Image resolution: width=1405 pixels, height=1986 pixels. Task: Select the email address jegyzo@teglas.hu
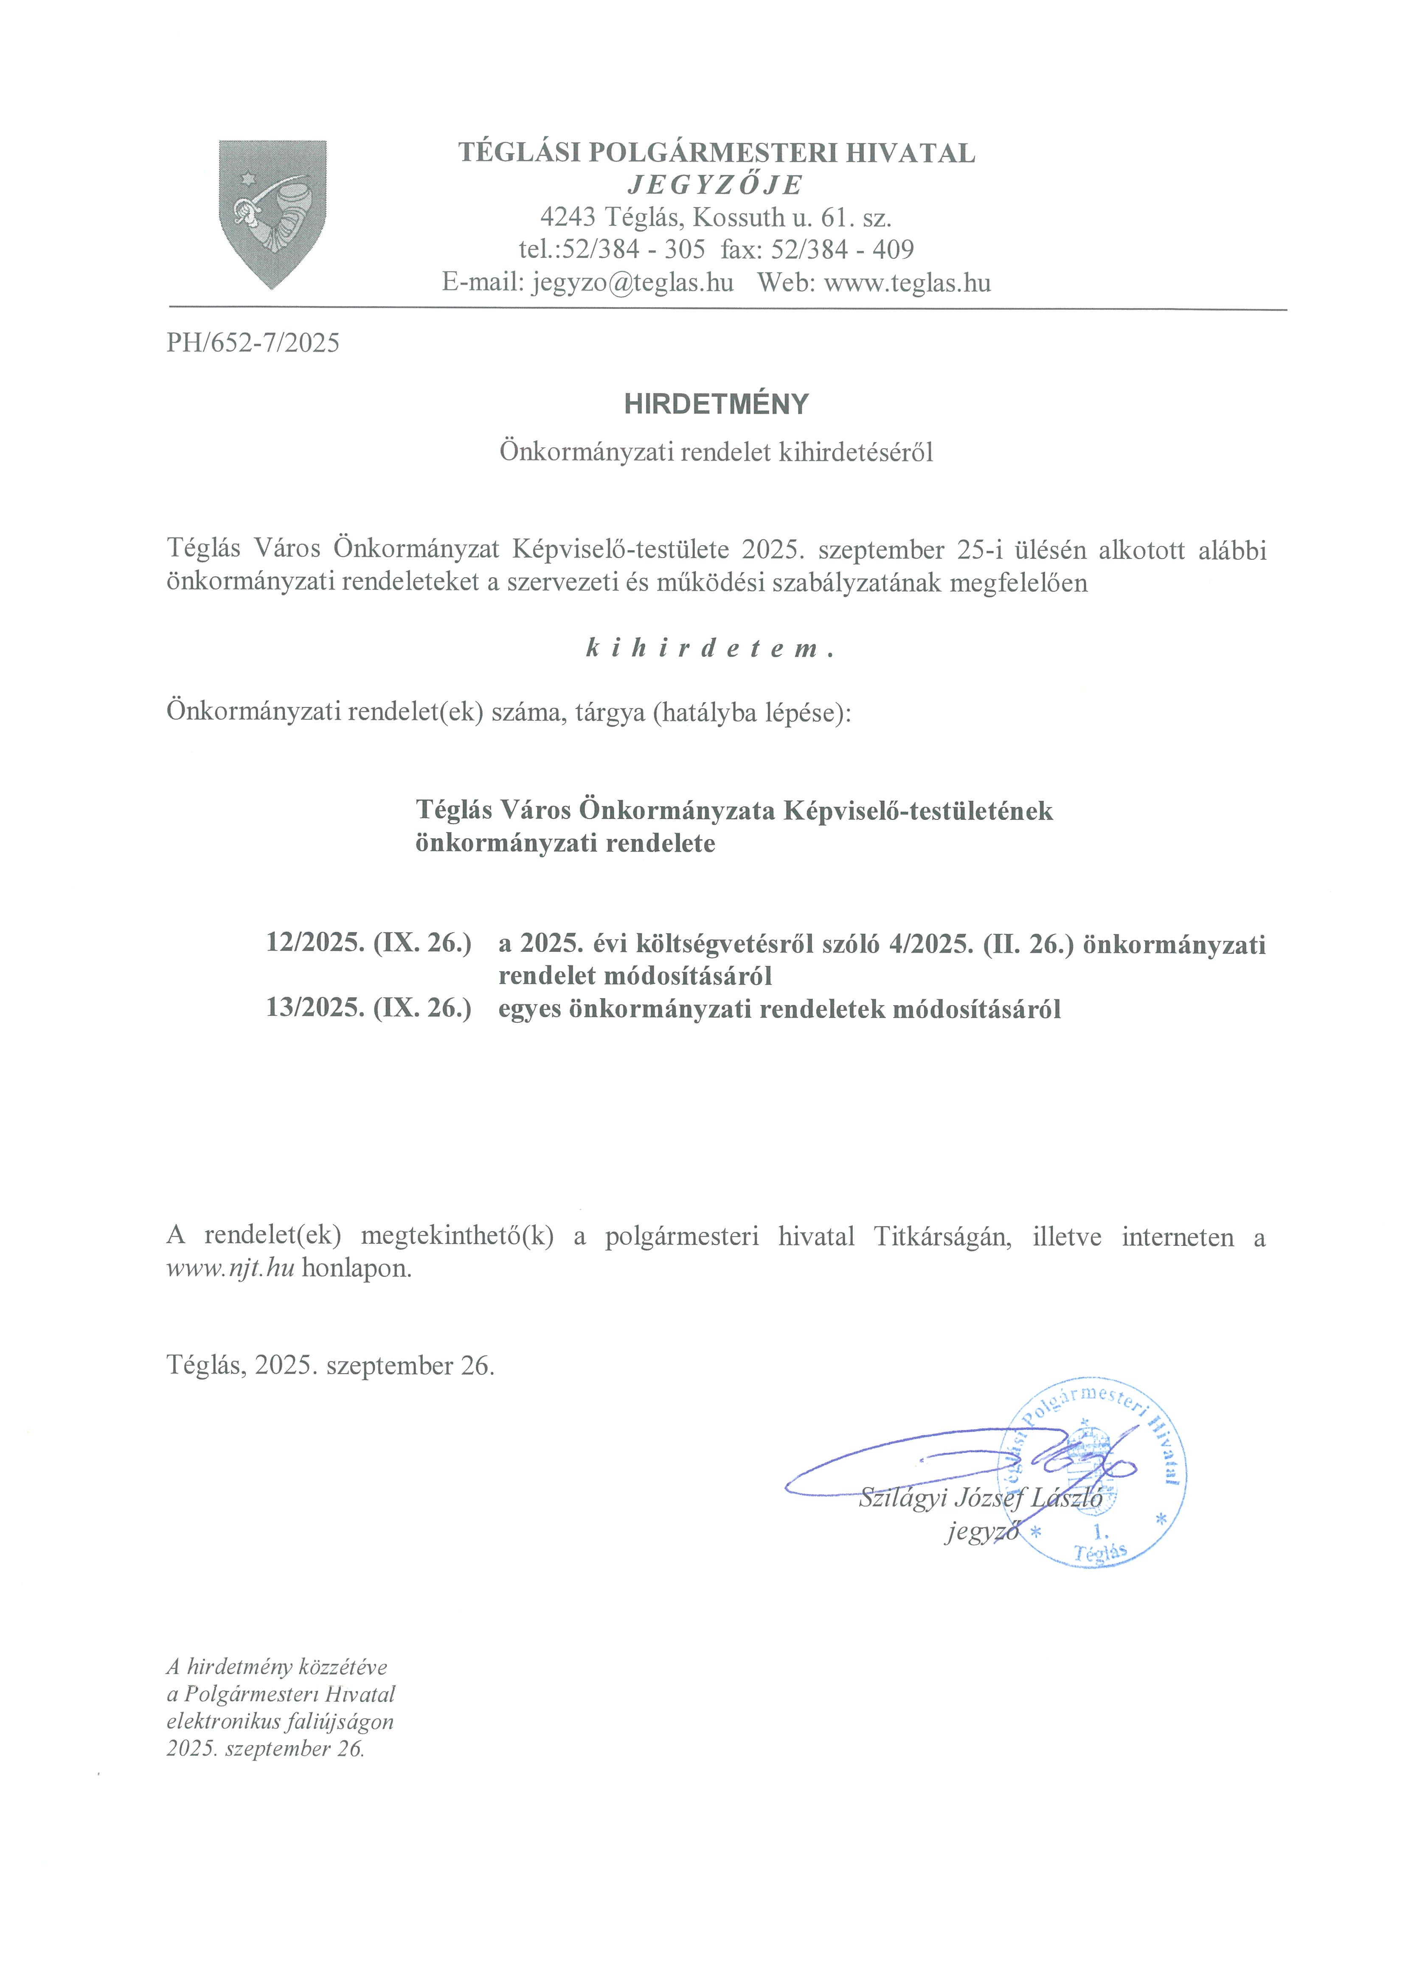[632, 283]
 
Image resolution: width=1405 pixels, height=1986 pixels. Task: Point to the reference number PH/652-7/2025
[253, 343]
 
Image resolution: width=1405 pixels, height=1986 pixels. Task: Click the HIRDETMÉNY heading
[717, 404]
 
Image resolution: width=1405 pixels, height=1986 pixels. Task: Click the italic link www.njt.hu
[230, 1269]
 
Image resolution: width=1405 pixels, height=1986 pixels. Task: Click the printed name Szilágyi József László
[980, 1497]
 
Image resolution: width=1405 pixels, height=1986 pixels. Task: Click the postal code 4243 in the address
[568, 217]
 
